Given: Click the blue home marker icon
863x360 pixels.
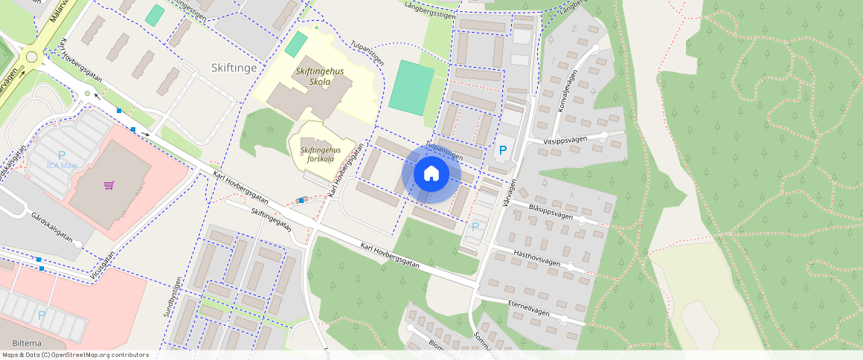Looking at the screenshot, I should pyautogui.click(x=431, y=173).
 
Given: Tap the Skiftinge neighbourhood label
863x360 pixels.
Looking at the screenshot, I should pyautogui.click(x=234, y=68).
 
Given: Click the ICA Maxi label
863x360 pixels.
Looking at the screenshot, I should pyautogui.click(x=62, y=165).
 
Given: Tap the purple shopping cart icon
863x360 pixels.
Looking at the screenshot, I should pyautogui.click(x=109, y=185).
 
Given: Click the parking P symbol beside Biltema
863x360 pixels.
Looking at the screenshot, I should pyautogui.click(x=42, y=315).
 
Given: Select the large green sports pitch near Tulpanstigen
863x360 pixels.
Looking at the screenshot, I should pyautogui.click(x=411, y=87).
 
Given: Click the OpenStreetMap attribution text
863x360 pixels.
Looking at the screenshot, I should pyautogui.click(x=75, y=355).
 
